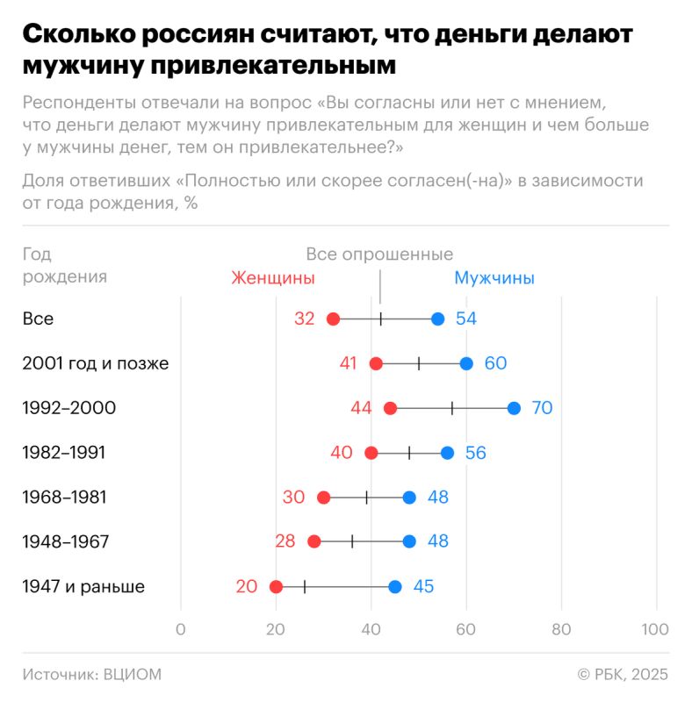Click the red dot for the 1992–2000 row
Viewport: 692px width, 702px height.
(390, 408)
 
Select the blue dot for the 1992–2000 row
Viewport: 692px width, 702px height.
(514, 408)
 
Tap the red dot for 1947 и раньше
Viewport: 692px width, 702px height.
(276, 587)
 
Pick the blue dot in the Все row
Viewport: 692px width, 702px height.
(437, 319)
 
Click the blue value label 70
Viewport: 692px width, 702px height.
(542, 408)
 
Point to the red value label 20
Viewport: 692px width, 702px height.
(246, 587)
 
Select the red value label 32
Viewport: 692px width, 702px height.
(304, 319)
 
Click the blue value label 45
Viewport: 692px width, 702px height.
(423, 587)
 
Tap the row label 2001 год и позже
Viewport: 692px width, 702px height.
(95, 363)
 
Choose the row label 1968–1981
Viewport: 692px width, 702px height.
(64, 498)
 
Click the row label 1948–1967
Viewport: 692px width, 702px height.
(65, 542)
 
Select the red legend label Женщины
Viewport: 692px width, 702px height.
(272, 278)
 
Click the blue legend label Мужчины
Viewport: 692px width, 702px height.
(494, 278)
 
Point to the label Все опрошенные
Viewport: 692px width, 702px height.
(379, 254)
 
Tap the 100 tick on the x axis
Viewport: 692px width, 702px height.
(655, 629)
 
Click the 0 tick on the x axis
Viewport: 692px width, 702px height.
(181, 629)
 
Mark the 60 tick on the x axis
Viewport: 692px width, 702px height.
(465, 629)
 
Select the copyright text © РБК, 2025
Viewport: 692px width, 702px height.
(623, 674)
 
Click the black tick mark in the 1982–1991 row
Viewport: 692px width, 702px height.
(409, 453)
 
